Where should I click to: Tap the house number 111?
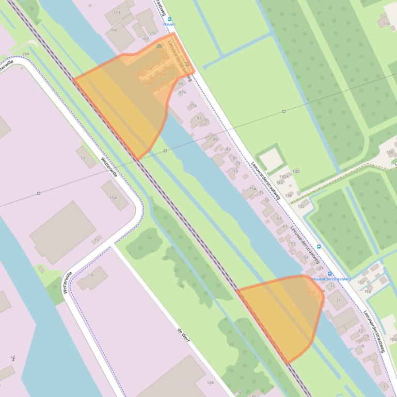pos(117,12)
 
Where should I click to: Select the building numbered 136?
pos(386,24)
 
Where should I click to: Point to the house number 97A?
pos(193,106)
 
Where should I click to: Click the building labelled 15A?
pos(113,197)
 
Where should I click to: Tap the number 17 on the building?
pos(83,158)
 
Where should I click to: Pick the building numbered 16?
pos(91,275)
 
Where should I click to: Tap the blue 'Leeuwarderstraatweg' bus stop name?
pos(330,279)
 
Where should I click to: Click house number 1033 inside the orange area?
pos(310,293)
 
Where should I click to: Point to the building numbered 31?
pos(338,300)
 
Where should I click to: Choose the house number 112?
pos(361,282)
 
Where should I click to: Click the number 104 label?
pos(393,339)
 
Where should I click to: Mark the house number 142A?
pos(283,176)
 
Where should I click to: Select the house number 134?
pos(389,152)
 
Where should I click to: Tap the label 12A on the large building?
pos(210,383)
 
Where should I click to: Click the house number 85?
pos(215,139)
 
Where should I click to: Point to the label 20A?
pos(25,54)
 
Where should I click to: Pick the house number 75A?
pos(252,189)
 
